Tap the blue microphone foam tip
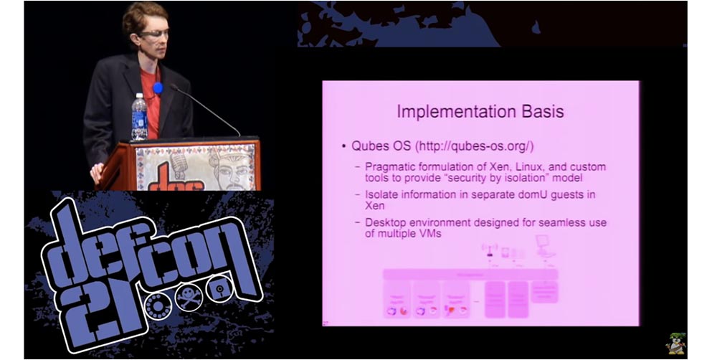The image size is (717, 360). coord(158,88)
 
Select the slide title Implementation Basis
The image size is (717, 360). coord(480,112)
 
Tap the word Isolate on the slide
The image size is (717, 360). coord(384,194)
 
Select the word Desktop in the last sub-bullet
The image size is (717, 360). coord(386,222)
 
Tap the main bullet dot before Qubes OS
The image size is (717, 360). coord(344,146)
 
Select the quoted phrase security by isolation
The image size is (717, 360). coord(510,177)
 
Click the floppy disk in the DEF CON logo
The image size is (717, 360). coord(217,288)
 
